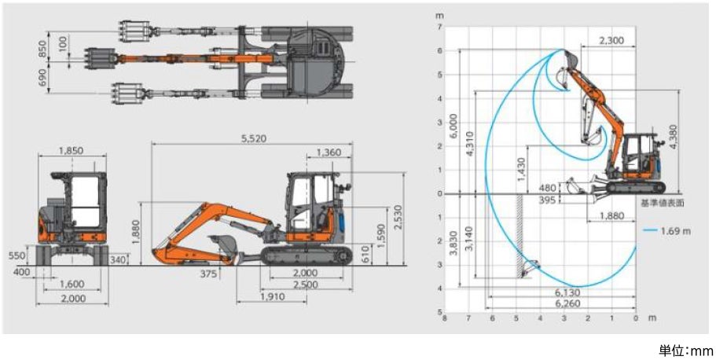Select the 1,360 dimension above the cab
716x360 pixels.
[x=329, y=152]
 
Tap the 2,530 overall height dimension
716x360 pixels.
[x=398, y=219]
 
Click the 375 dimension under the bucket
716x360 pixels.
[x=208, y=274]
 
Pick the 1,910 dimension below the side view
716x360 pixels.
[x=273, y=297]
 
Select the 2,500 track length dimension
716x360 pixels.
[x=306, y=285]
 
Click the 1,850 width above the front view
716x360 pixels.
[x=72, y=151]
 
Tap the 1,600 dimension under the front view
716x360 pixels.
[x=72, y=285]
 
